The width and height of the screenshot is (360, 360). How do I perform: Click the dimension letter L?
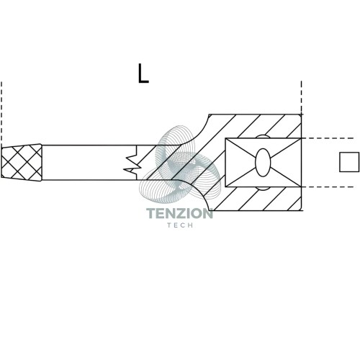143,73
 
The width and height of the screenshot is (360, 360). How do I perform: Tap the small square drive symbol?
349,162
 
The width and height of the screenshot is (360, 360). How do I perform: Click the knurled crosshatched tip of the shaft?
22,163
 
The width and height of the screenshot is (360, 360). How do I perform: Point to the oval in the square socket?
263,163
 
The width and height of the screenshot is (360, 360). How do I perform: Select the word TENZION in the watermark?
179,213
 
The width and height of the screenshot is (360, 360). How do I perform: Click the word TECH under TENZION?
180,225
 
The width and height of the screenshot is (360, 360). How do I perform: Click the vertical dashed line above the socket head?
302,97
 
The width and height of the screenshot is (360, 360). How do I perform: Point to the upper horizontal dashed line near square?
328,138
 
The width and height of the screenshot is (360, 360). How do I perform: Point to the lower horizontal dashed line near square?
328,186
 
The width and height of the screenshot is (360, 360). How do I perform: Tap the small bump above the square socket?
263,136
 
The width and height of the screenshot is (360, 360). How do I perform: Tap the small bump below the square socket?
263,189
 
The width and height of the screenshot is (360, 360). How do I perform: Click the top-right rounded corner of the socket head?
300,115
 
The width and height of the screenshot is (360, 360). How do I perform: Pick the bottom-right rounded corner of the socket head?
300,210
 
